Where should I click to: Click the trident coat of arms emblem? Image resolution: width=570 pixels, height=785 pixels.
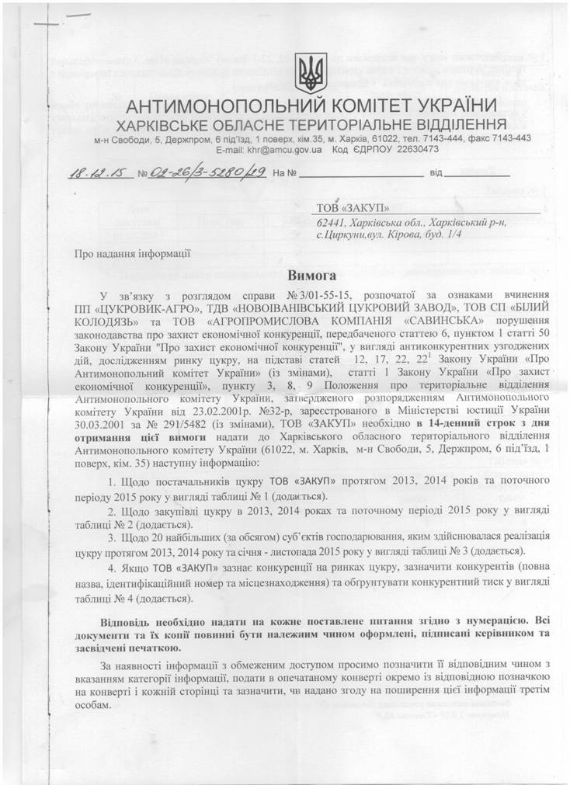310,73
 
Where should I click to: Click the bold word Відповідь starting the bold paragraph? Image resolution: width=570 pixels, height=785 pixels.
128,621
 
